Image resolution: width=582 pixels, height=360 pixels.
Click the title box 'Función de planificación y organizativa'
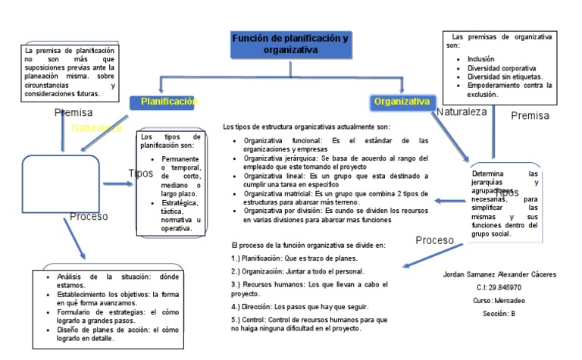(x=290, y=44)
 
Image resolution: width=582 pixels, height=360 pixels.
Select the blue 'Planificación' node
(x=169, y=102)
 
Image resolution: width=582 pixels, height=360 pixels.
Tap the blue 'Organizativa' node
(x=402, y=102)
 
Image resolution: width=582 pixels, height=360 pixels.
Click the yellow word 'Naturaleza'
(x=96, y=128)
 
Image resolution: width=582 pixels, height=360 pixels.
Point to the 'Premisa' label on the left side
(x=74, y=113)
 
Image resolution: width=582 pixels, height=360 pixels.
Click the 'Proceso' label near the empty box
(x=89, y=216)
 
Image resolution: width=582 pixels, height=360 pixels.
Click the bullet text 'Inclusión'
(x=482, y=58)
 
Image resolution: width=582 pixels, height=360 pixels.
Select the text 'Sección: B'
(x=499, y=314)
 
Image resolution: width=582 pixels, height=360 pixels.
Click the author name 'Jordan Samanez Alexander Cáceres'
(x=499, y=274)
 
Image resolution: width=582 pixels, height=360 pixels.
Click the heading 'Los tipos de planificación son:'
(x=168, y=140)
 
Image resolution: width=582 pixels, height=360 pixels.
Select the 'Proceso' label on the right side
(x=434, y=240)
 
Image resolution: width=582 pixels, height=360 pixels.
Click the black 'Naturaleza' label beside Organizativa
(x=462, y=112)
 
